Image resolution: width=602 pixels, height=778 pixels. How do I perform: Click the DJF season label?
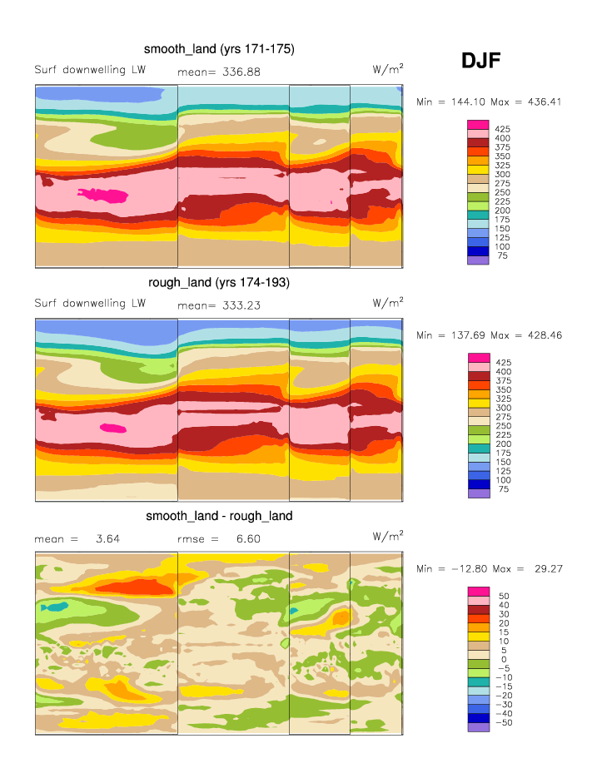(x=481, y=60)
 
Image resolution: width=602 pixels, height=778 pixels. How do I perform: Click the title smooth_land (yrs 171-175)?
(x=219, y=50)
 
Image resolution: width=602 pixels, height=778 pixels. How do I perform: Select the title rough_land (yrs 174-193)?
(x=219, y=283)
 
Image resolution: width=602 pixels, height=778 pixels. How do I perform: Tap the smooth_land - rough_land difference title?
(x=219, y=516)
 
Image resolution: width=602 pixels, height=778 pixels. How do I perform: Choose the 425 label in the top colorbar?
(x=503, y=129)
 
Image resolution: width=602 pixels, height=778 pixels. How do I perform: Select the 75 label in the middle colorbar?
(x=503, y=489)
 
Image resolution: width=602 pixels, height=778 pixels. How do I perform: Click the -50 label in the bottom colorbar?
(x=503, y=723)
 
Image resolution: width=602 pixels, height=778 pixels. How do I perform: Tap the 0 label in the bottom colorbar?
(x=503, y=660)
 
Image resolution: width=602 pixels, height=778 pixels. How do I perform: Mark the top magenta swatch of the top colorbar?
(x=478, y=125)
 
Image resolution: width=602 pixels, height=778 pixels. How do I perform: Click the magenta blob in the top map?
(x=103, y=196)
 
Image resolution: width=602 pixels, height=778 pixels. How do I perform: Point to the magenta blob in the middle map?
(x=112, y=428)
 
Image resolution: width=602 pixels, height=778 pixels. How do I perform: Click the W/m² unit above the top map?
(x=388, y=69)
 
